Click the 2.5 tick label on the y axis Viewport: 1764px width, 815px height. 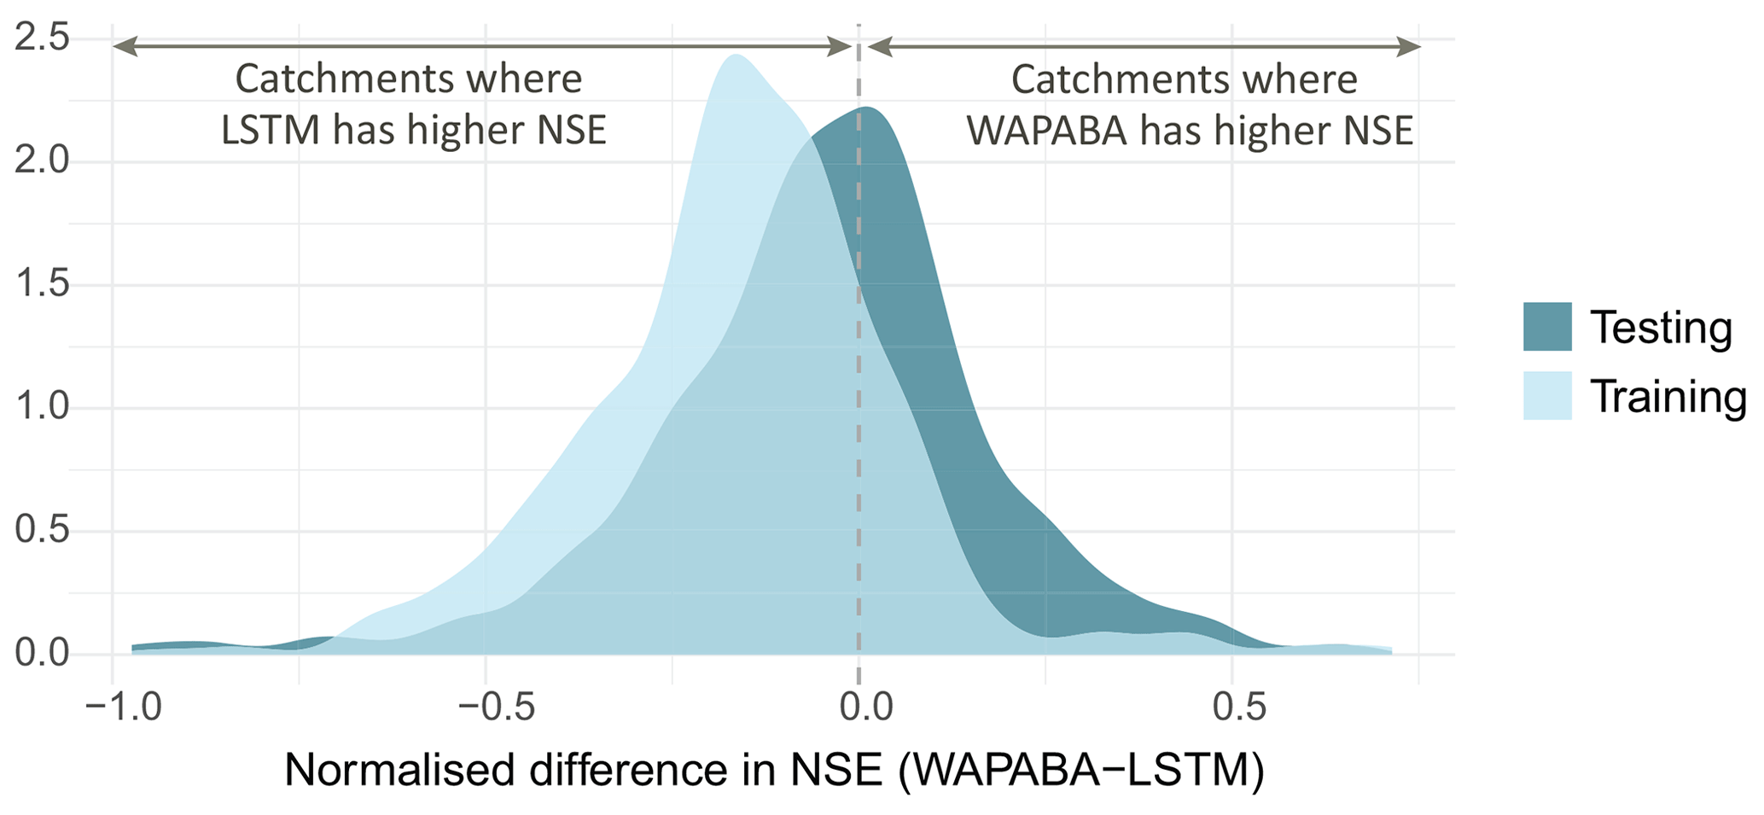point(41,40)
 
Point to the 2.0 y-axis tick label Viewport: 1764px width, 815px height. point(41,162)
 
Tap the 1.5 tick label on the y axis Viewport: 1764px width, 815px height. point(41,286)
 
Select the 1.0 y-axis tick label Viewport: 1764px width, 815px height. point(41,408)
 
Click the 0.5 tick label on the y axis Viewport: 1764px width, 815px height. point(41,532)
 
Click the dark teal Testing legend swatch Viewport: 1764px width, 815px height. point(1547,327)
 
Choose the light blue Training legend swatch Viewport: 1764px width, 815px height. point(1547,396)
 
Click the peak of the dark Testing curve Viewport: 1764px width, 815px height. point(868,108)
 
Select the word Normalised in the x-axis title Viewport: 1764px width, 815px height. point(401,771)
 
